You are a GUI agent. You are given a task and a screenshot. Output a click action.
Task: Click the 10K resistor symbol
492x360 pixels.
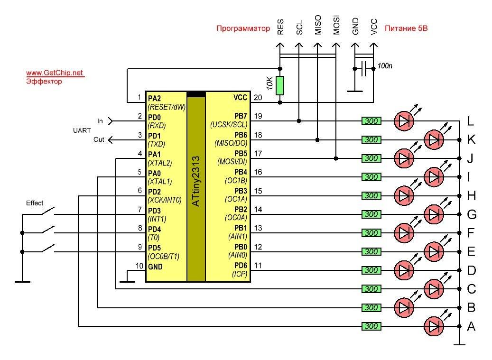coord(280,85)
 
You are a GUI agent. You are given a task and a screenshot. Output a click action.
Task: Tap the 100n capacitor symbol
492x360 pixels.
coord(364,69)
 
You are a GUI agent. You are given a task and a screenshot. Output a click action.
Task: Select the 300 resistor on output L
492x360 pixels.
coord(371,121)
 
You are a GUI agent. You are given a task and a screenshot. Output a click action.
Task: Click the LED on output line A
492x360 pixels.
coord(434,326)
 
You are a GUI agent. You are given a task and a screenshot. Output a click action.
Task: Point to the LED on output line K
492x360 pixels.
coord(434,140)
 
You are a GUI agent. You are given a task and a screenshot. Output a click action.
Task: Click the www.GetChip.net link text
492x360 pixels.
coord(55,73)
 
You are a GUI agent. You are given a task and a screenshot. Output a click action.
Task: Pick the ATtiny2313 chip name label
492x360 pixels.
coord(196,181)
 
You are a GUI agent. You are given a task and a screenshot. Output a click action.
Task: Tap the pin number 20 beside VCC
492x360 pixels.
coord(258,98)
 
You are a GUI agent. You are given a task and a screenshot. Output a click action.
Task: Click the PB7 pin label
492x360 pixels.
coord(241,116)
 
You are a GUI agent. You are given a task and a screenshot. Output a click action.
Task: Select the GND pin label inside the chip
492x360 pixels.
coord(155,267)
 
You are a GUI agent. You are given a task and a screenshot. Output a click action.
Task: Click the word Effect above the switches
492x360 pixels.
coord(35,203)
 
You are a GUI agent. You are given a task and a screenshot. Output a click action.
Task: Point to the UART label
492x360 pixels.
coord(82,130)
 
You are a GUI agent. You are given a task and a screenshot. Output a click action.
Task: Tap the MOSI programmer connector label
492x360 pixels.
coord(336,25)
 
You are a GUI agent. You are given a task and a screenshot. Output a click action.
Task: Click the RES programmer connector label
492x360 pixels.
coord(280,27)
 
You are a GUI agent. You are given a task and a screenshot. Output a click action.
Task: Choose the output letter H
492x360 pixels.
coord(471,196)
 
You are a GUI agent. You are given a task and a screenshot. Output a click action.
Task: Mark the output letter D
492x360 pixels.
coord(471,270)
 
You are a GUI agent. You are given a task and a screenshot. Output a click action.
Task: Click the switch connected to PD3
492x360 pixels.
coord(48,211)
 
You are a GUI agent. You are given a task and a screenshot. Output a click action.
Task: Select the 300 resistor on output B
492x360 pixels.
coord(371,308)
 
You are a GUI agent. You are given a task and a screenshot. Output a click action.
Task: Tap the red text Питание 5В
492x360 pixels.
coord(406,28)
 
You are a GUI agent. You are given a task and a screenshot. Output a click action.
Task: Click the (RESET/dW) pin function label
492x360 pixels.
coord(167,107)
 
